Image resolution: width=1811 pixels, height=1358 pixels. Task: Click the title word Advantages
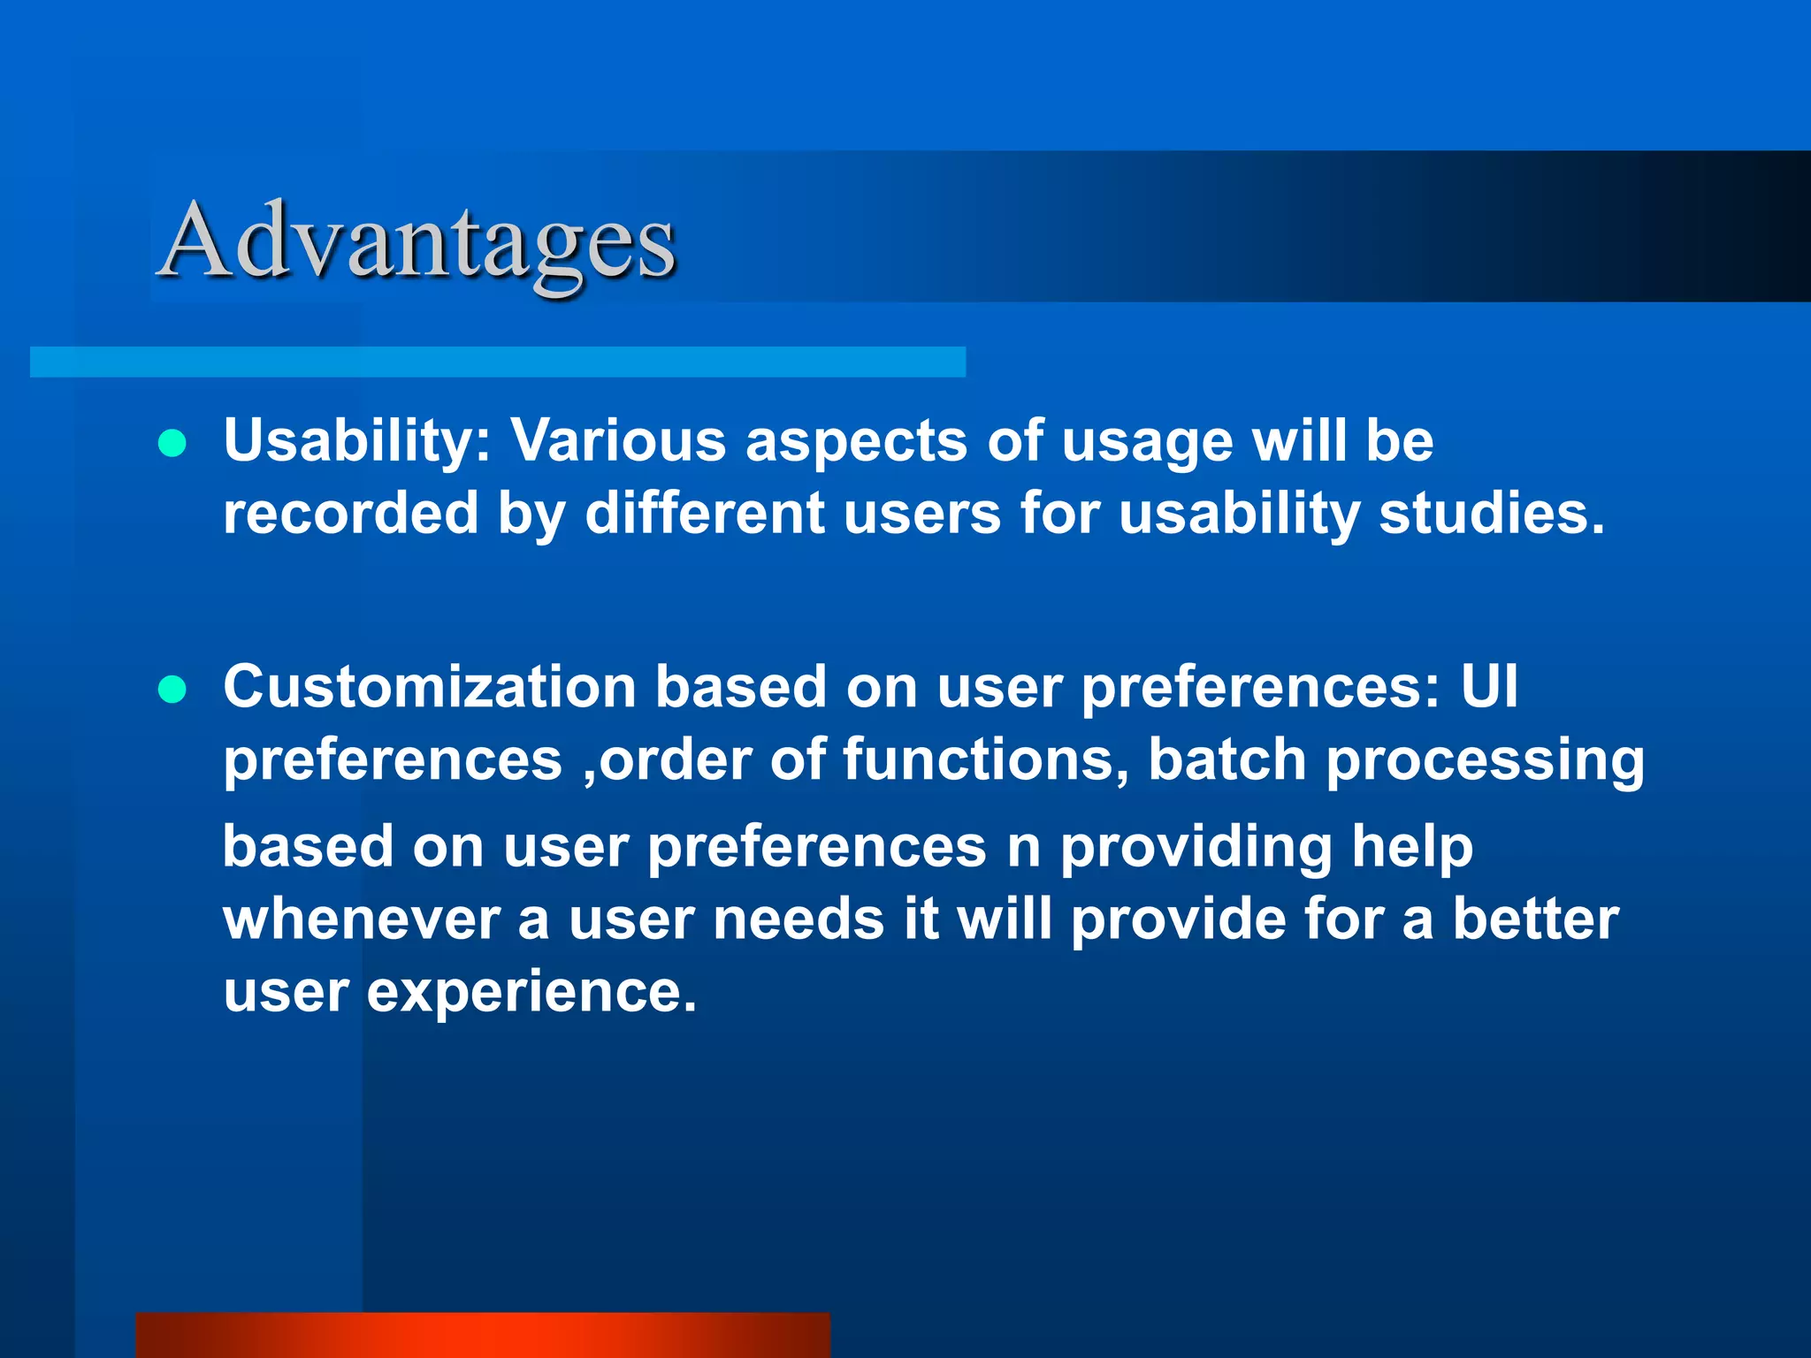click(x=417, y=240)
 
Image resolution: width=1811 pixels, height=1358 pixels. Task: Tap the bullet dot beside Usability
click(x=172, y=443)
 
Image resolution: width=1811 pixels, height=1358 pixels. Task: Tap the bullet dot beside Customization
click(x=172, y=689)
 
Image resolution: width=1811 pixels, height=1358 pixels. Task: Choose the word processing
click(x=1485, y=760)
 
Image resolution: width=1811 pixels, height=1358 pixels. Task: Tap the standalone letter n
click(x=1024, y=847)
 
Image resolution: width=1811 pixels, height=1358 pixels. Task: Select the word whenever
click(x=361, y=919)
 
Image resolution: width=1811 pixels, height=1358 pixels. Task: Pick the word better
click(x=1536, y=919)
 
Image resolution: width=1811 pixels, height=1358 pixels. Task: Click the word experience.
click(x=531, y=992)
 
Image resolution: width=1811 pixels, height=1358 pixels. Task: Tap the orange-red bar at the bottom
click(x=483, y=1335)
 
